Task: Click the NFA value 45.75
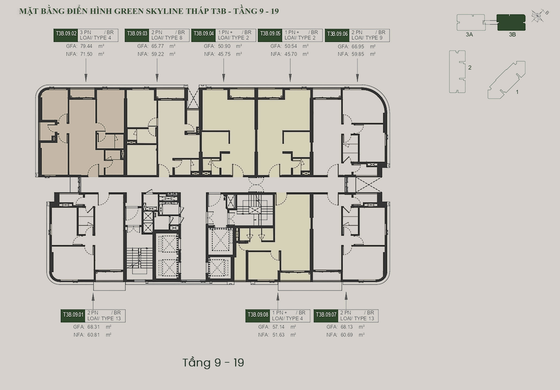224,54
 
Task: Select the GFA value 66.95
358,47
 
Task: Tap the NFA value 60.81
94,335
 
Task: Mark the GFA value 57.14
278,327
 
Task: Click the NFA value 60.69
347,335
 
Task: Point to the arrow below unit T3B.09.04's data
224,70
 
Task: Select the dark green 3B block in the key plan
511,22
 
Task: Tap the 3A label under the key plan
469,35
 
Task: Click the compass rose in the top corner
538,16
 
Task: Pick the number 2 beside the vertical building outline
470,67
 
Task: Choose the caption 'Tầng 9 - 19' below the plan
213,363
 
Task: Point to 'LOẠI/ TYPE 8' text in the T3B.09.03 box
167,38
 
